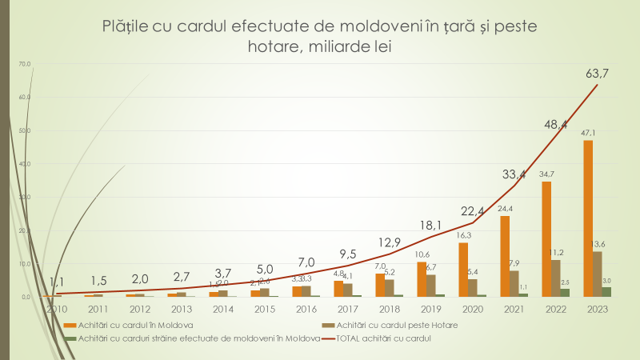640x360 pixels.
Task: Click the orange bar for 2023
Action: pos(588,218)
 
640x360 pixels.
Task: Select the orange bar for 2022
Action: pos(546,239)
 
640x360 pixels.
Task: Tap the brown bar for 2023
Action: pos(597,274)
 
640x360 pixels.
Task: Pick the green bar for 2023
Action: pos(606,291)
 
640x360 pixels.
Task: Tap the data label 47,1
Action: pos(589,133)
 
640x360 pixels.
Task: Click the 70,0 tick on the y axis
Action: pos(24,63)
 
